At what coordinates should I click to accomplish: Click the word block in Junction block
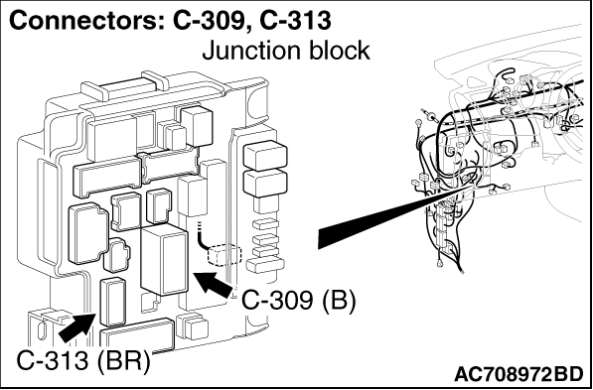coord(335,49)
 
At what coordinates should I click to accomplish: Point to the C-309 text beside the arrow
coord(277,299)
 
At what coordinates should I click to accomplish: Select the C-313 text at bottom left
coord(54,359)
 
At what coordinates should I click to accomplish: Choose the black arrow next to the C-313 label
coord(75,324)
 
